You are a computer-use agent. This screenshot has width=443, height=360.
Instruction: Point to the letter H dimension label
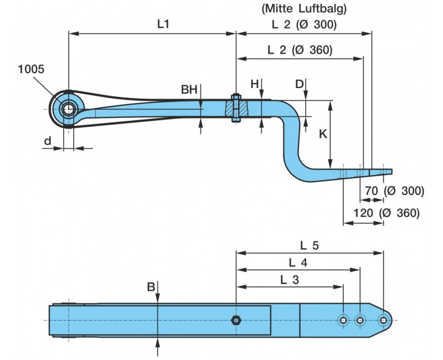click(x=254, y=84)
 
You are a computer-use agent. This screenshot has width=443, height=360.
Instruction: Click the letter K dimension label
click(x=323, y=133)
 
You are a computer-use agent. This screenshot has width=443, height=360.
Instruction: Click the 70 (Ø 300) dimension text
click(x=394, y=191)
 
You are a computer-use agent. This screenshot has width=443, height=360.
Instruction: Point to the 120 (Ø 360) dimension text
click(x=387, y=213)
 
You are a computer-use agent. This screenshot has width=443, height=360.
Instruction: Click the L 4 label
click(x=298, y=262)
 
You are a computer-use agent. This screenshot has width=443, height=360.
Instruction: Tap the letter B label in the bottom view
click(x=151, y=287)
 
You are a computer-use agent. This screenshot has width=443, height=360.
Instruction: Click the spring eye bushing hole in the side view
click(x=68, y=109)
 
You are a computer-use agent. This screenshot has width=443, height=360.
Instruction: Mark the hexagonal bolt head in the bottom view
click(x=236, y=320)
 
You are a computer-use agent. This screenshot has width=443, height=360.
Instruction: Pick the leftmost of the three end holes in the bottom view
click(x=343, y=320)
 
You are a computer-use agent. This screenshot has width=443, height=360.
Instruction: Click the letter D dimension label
click(x=299, y=84)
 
